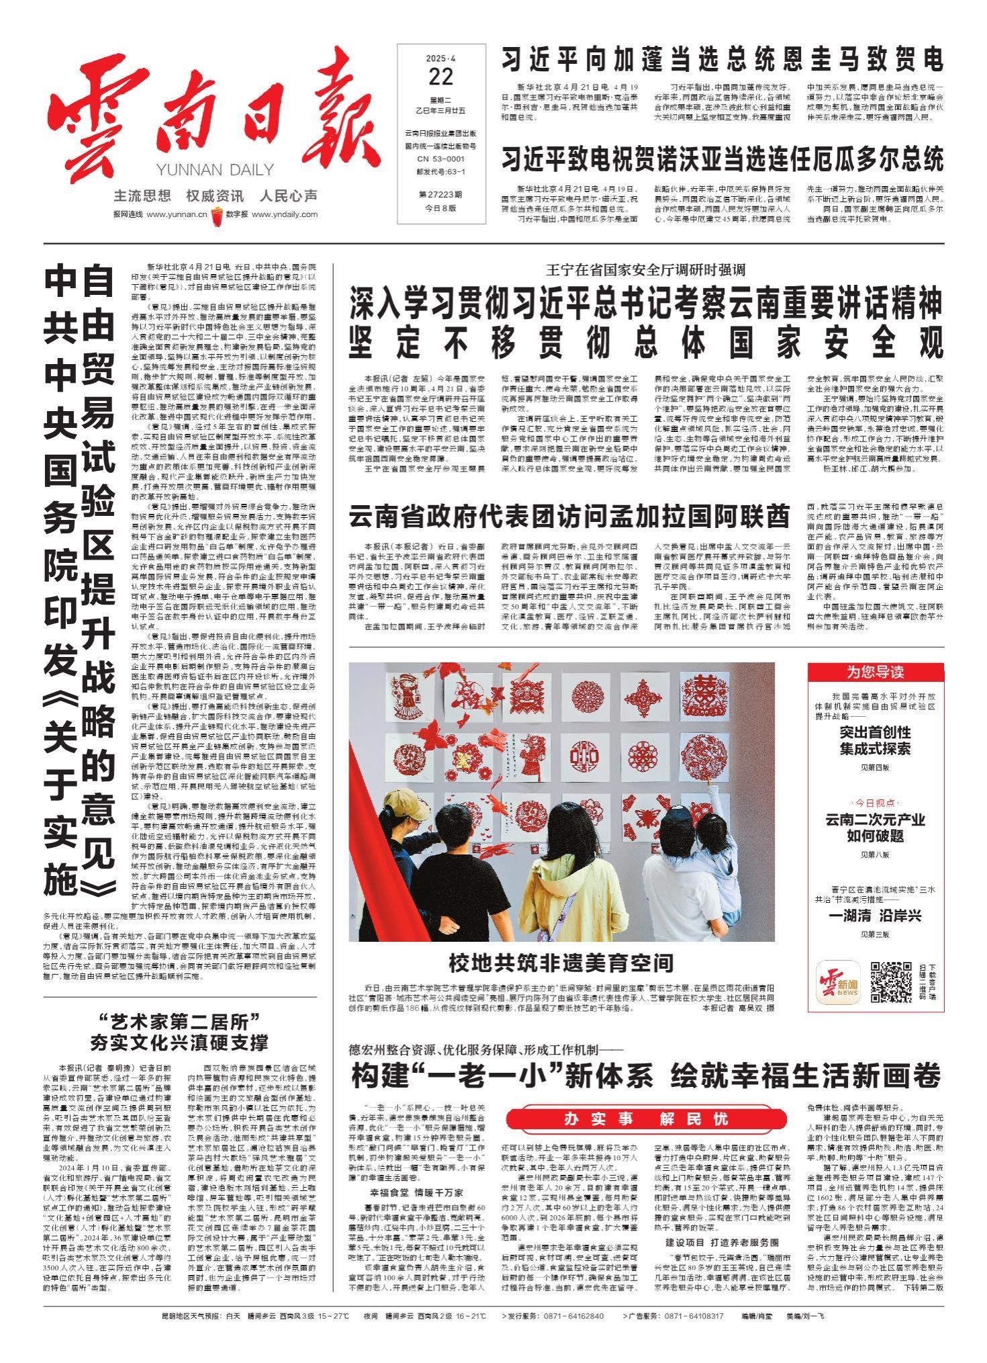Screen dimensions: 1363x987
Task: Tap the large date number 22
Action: [x=440, y=78]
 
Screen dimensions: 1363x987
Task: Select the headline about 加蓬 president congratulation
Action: [x=722, y=60]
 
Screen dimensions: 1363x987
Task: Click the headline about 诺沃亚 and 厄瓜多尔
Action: [x=722, y=160]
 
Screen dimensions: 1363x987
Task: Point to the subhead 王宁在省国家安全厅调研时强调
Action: [x=646, y=271]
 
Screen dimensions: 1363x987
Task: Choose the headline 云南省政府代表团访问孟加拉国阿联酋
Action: [x=568, y=517]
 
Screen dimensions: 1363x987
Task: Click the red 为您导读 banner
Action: [x=875, y=672]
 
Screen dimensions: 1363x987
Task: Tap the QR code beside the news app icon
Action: [x=891, y=981]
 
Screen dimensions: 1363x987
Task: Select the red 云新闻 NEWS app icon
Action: [x=838, y=981]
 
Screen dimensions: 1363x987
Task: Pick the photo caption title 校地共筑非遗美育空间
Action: [x=561, y=963]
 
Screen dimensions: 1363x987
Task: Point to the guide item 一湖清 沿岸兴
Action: [x=875, y=916]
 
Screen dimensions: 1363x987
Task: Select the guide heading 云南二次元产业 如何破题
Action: [x=875, y=828]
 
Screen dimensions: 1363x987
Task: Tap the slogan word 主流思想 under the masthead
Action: [x=142, y=196]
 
